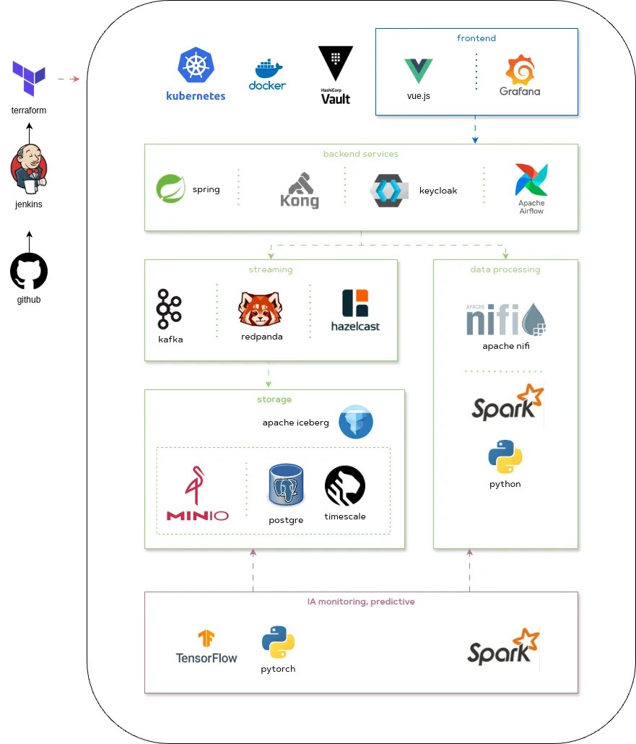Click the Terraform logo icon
[29, 78]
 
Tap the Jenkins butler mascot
[29, 169]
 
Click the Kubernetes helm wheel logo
[196, 65]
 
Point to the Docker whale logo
[267, 70]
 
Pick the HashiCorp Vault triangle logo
[336, 64]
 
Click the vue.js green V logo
[418, 71]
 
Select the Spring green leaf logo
[171, 189]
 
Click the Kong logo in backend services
[300, 190]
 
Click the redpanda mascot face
[261, 309]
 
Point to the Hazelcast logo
[355, 303]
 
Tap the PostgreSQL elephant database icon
[285, 485]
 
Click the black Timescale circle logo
[345, 485]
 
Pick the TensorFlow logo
[206, 639]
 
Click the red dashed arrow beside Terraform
[68, 79]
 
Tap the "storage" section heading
[274, 399]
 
